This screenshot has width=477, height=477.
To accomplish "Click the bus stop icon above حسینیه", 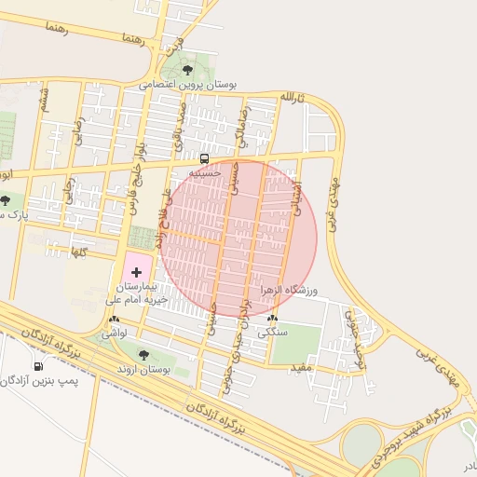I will click(205, 157).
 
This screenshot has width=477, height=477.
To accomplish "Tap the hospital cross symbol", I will click(137, 272).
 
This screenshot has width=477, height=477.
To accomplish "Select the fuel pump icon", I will click(38, 365).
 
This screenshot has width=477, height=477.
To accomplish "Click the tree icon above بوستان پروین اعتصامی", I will click(188, 69).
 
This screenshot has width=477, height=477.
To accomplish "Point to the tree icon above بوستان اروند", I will click(143, 355).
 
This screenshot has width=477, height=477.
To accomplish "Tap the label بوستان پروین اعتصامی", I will click(188, 84).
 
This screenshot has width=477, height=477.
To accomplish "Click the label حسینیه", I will click(205, 172).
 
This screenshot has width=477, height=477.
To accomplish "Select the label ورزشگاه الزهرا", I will click(289, 291).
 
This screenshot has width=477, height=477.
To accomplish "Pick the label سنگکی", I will click(272, 332).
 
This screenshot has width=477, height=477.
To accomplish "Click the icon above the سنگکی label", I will click(272, 319).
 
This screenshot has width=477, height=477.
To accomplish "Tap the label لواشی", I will click(115, 332).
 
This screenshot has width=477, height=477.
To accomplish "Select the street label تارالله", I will click(293, 97).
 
